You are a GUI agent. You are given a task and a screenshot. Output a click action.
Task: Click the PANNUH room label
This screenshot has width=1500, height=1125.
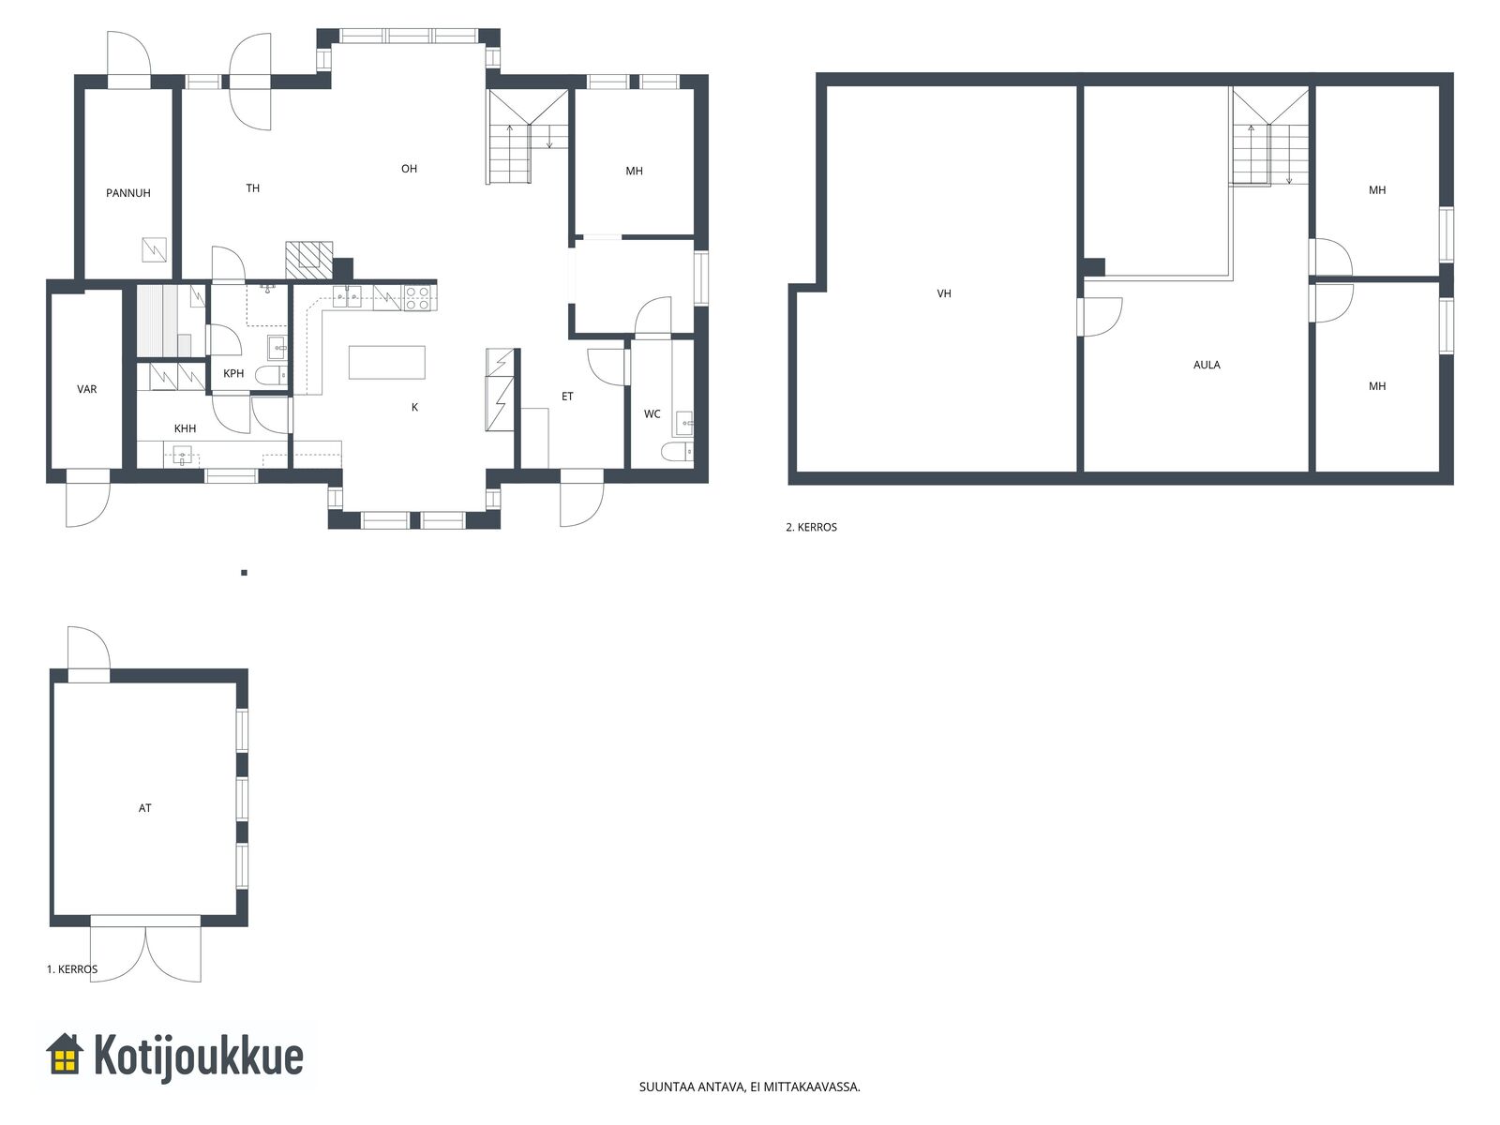click(x=127, y=193)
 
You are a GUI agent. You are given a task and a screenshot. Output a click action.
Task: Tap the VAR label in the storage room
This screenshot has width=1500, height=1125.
click(x=87, y=389)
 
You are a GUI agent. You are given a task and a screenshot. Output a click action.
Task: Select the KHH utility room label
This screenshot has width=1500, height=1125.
click(x=186, y=429)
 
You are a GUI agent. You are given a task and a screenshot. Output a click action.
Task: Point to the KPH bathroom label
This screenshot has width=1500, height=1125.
click(x=233, y=374)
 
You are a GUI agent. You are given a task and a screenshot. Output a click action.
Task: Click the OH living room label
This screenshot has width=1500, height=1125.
click(x=409, y=169)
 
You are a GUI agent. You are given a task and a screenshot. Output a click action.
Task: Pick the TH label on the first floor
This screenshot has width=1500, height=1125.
click(x=253, y=188)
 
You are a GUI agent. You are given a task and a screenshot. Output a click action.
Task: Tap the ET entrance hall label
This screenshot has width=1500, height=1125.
click(x=567, y=397)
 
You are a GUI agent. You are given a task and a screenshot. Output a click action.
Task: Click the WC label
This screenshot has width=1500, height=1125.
click(x=652, y=414)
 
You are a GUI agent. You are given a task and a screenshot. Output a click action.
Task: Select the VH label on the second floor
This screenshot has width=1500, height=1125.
click(x=944, y=293)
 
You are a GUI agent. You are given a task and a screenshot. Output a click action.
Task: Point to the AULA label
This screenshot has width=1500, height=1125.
click(x=1207, y=365)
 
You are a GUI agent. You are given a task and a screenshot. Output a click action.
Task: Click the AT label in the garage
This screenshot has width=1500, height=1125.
click(x=145, y=808)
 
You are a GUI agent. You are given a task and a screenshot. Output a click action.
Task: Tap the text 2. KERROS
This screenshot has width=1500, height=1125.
click(x=811, y=527)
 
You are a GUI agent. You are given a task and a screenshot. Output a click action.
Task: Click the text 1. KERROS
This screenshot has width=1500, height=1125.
click(x=72, y=968)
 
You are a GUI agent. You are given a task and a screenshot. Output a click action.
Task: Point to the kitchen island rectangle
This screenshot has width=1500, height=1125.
click(x=387, y=362)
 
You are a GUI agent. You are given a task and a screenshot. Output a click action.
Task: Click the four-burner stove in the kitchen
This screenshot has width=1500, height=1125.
click(x=417, y=298)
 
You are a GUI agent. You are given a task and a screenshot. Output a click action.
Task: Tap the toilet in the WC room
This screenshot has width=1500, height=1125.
click(x=677, y=451)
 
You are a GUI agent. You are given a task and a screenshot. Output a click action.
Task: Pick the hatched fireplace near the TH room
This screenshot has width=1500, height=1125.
click(x=308, y=260)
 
